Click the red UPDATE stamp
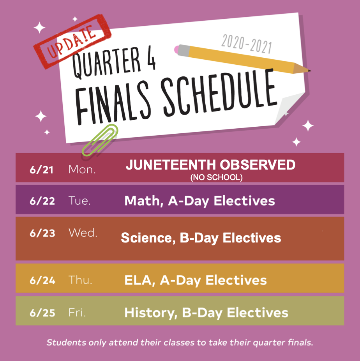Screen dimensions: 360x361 72,41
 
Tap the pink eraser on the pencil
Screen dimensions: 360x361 176,50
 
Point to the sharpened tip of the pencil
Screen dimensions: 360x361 309,71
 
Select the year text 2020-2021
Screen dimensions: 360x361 247,44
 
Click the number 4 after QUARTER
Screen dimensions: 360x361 151,59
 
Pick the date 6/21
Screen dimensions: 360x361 41,170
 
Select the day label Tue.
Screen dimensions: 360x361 79,201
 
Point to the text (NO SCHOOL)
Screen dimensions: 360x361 217,177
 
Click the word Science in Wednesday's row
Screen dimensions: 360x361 148,238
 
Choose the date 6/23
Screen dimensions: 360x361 42,233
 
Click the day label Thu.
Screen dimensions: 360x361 80,280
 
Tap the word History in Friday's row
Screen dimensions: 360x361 151,313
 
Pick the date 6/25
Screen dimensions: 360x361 42,313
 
